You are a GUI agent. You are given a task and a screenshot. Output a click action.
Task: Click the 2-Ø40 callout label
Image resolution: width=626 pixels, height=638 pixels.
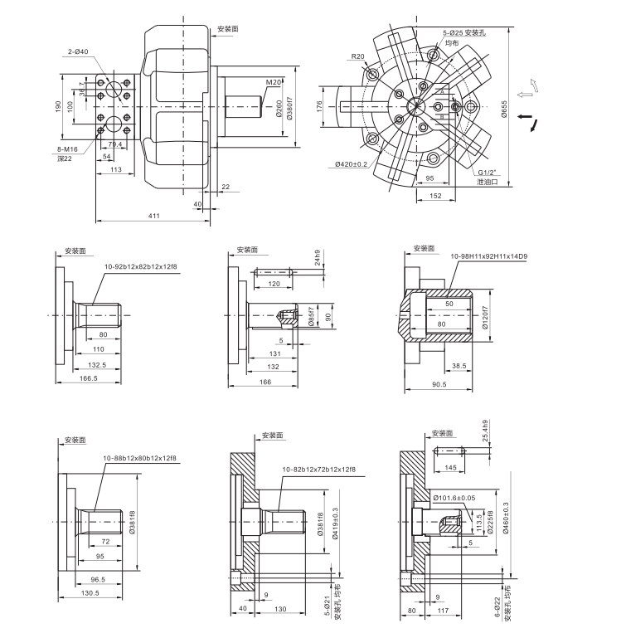[x=80, y=52]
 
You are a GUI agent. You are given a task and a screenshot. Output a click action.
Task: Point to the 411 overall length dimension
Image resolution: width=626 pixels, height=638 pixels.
[x=154, y=216]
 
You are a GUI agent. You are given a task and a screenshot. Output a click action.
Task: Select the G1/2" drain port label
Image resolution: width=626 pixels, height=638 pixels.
[x=487, y=173]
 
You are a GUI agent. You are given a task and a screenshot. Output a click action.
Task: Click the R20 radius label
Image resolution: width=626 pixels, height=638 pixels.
[x=357, y=56]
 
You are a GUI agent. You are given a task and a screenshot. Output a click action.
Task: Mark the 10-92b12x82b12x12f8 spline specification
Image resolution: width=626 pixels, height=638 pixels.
[x=140, y=267]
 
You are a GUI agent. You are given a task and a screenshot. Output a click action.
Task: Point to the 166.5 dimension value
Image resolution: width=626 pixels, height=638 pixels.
[x=88, y=378]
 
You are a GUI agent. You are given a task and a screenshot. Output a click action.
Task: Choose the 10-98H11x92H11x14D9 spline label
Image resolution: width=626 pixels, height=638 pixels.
[x=489, y=257]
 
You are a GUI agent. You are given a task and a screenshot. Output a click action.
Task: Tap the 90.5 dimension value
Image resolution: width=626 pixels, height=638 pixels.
[x=439, y=384]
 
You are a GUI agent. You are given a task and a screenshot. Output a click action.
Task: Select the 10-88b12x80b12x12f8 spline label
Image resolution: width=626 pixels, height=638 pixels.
[x=139, y=458]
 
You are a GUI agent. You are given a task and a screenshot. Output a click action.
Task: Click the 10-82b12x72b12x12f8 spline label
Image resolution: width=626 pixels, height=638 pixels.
[x=318, y=470]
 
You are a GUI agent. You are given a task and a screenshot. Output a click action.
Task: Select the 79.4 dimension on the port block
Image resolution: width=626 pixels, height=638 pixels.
[x=115, y=144]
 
